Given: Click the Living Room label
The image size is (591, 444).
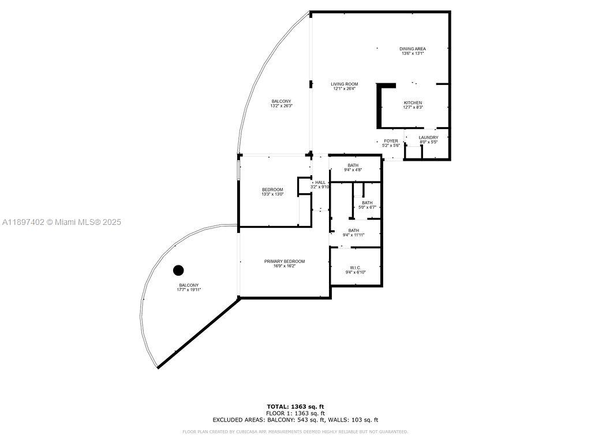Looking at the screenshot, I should (x=344, y=84).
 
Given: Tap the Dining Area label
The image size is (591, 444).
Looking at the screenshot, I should (x=413, y=49).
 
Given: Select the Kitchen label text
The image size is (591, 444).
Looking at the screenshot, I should (x=413, y=103).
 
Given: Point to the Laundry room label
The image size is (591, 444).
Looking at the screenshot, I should (x=428, y=138).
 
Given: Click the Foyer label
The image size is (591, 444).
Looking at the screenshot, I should (x=391, y=141).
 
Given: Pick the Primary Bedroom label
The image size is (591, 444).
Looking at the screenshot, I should (x=285, y=261).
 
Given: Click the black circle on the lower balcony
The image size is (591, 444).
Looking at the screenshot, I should (x=178, y=270).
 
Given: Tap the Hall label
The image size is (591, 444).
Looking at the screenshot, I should (x=320, y=182).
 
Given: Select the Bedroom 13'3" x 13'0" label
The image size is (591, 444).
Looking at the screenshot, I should (x=272, y=194).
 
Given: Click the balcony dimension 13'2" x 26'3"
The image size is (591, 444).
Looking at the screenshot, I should (x=282, y=106).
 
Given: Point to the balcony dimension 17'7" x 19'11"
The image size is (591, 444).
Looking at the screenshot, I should (x=189, y=290).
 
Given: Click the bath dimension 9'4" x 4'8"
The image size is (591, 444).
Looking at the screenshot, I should (x=353, y=170).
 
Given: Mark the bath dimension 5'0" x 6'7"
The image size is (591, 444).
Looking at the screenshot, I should (x=367, y=207).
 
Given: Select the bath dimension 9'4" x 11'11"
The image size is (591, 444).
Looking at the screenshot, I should (x=353, y=235).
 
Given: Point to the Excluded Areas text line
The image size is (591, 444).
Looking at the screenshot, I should (x=295, y=420).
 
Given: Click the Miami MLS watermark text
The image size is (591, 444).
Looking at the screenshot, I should (x=62, y=222).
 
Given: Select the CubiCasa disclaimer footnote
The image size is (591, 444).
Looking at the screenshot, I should (x=295, y=431).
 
